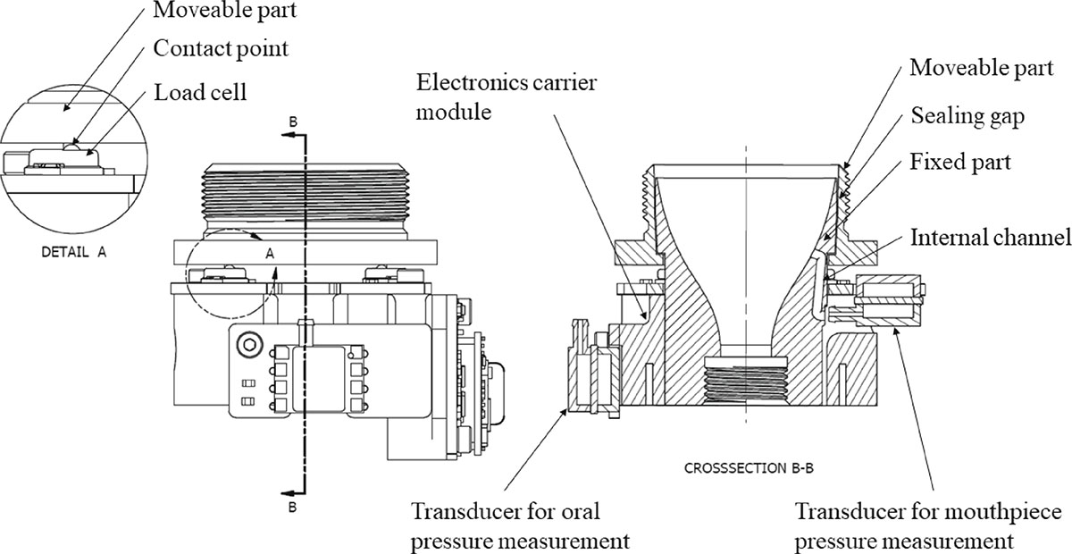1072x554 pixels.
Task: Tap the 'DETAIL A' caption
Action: (74, 252)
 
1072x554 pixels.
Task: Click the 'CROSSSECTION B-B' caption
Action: (749, 466)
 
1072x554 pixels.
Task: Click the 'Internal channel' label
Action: (990, 239)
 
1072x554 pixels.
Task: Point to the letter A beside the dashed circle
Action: (269, 254)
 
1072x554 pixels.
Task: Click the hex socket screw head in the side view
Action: (248, 344)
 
